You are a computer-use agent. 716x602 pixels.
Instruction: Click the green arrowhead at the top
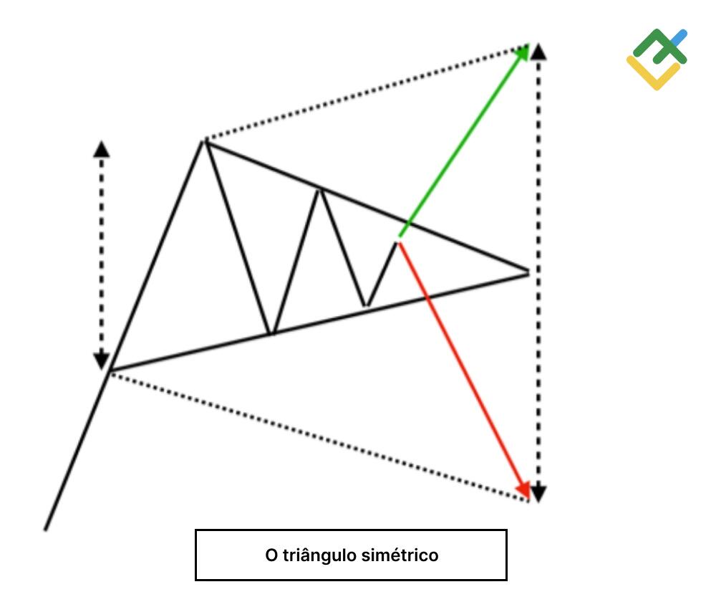click(523, 51)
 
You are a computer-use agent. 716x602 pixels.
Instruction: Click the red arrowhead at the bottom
click(523, 489)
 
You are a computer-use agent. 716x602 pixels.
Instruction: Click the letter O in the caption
click(271, 555)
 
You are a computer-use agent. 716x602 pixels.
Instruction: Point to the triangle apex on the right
click(528, 272)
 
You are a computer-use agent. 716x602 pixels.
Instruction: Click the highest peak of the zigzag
click(205, 141)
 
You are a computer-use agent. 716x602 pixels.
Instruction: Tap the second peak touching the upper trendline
click(319, 189)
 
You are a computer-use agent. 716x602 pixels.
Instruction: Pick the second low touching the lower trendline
click(366, 307)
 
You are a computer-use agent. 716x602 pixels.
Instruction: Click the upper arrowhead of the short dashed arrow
click(102, 148)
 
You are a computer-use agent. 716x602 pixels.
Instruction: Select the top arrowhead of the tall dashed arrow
click(539, 50)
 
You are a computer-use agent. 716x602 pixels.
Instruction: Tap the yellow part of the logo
click(648, 75)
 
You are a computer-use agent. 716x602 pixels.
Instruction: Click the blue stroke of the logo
click(679, 36)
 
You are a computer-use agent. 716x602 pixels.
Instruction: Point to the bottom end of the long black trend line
click(46, 529)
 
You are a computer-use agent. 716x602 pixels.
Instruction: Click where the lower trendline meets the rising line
click(110, 371)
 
